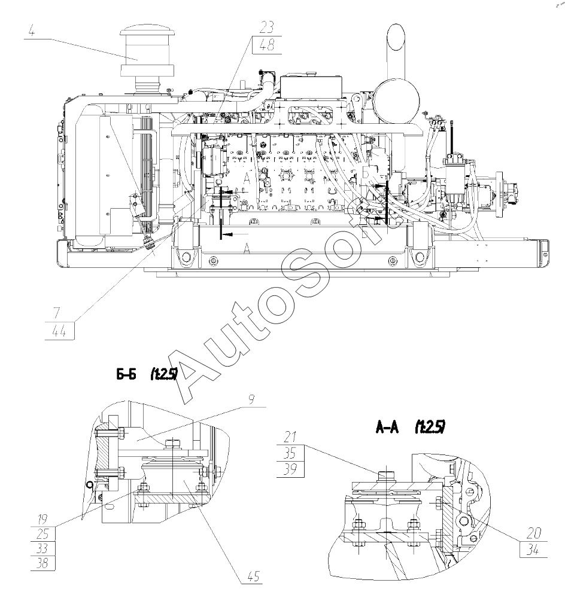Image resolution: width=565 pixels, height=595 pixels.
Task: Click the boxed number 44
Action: [x=60, y=331]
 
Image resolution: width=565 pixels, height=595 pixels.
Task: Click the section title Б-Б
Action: [x=126, y=375]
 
